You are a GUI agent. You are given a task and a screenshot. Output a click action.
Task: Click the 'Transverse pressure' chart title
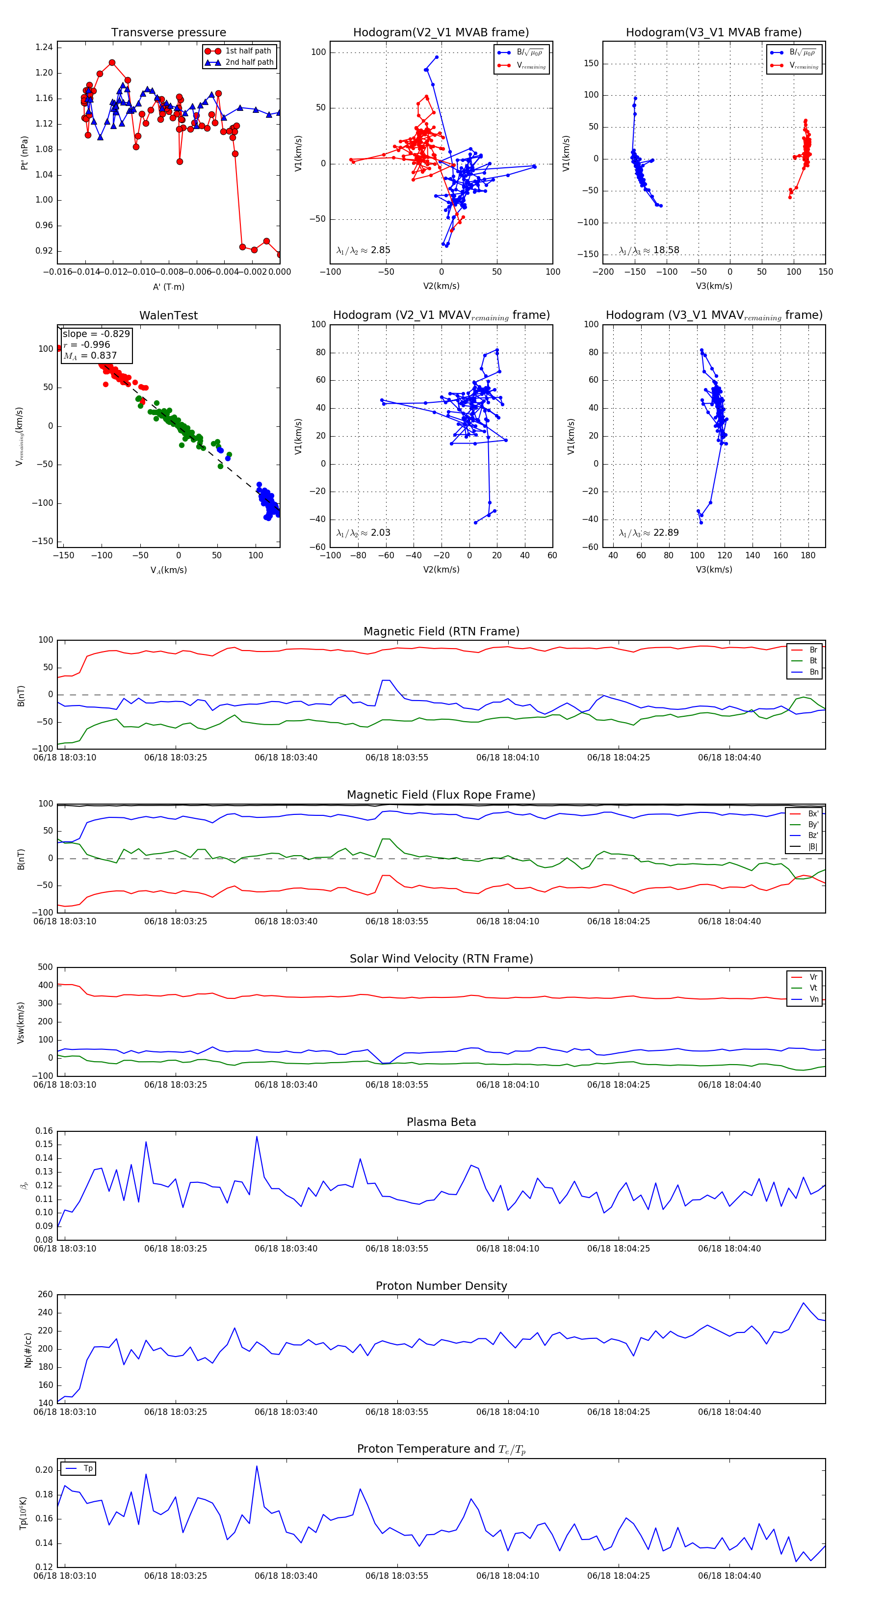tap(168, 33)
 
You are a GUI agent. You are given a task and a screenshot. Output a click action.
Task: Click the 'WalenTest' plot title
tap(168, 315)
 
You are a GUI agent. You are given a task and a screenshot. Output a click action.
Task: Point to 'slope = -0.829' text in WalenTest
tap(96, 334)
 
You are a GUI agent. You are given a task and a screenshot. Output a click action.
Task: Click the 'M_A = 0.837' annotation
tap(90, 356)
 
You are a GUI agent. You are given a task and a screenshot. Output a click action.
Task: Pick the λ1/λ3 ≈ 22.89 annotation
tap(649, 533)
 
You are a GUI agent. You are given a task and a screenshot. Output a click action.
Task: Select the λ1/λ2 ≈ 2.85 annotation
tap(363, 250)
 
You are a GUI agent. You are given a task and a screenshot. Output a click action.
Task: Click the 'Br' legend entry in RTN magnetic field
tap(813, 650)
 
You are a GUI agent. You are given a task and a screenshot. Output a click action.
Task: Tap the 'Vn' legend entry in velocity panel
tap(813, 999)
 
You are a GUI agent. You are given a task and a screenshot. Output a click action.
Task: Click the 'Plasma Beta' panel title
tap(441, 1123)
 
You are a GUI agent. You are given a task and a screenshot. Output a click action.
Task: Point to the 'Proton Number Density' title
tap(441, 1286)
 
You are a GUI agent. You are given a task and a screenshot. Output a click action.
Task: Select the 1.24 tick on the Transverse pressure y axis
tap(44, 47)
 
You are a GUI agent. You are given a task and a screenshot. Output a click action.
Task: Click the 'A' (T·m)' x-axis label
tap(168, 287)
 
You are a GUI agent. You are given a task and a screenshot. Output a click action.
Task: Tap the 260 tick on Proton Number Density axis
tap(45, 1295)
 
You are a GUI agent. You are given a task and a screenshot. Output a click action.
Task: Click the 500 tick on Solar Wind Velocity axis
tap(45, 967)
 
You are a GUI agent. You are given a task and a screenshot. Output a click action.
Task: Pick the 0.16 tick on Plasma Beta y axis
tap(44, 1131)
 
